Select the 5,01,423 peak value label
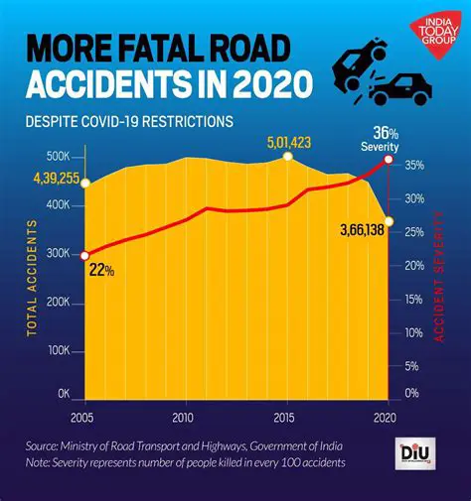click(288, 142)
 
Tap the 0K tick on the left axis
click(62, 394)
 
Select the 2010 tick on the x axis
click(183, 416)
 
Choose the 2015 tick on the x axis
click(284, 416)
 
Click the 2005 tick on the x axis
click(83, 416)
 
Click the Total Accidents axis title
click(32, 277)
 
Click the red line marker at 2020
click(388, 160)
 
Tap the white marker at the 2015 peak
click(287, 158)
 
